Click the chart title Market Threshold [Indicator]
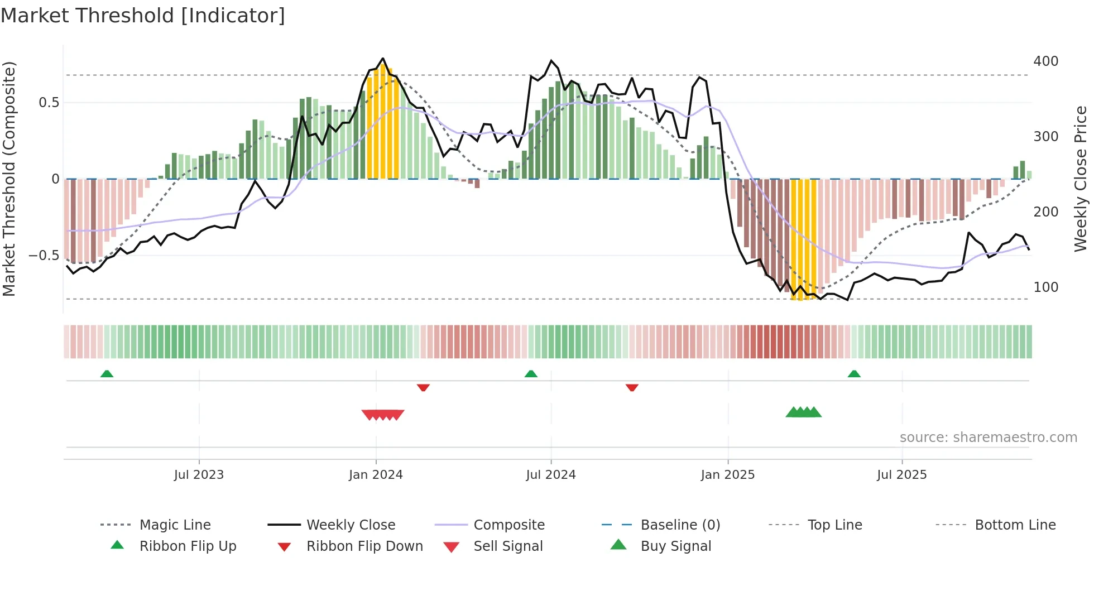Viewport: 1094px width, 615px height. coord(143,16)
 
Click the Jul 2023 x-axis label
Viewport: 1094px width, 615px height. coord(199,474)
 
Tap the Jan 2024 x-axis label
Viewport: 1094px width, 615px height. coord(376,474)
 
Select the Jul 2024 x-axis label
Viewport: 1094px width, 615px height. coord(550,474)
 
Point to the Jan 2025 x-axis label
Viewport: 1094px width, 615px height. coord(727,474)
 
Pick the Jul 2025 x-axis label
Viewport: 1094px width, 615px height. coord(901,474)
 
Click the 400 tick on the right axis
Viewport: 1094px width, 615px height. coord(1045,61)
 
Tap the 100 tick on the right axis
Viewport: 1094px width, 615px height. coord(1045,287)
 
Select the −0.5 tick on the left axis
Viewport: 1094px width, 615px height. coord(44,255)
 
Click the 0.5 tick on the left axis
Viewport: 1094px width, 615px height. coord(49,102)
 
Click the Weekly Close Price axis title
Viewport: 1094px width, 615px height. coord(1081,179)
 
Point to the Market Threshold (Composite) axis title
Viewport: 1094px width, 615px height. coord(9,179)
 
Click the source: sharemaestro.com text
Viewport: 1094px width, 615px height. coord(988,437)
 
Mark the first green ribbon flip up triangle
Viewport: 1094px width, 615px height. coord(107,373)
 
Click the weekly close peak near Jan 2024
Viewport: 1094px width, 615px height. coord(383,58)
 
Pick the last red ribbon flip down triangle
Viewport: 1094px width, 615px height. coord(632,387)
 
